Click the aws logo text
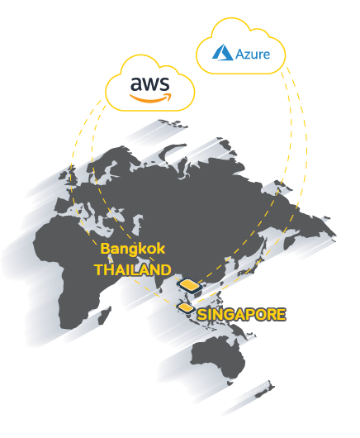[149, 83]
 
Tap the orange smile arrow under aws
[150, 98]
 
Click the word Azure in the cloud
[253, 54]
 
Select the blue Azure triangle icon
[222, 52]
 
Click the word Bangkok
[133, 249]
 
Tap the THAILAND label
[133, 270]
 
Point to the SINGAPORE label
[241, 315]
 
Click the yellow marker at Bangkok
[190, 285]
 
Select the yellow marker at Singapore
[186, 307]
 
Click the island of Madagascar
[105, 315]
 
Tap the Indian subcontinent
[162, 279]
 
